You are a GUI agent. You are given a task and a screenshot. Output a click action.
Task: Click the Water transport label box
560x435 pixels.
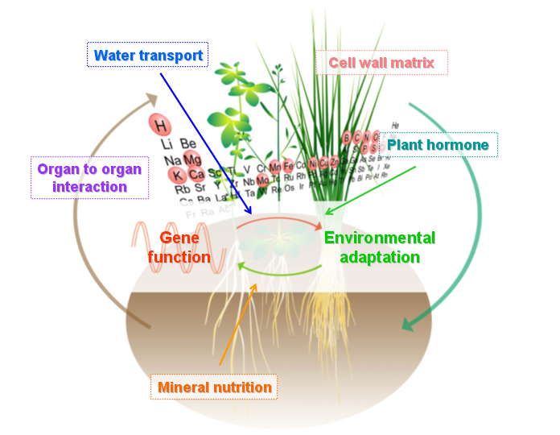pyautogui.click(x=147, y=56)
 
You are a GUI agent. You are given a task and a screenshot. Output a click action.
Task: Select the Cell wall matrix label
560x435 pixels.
pyautogui.click(x=387, y=62)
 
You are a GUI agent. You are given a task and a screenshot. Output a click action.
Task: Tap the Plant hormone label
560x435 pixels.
pyautogui.click(x=438, y=145)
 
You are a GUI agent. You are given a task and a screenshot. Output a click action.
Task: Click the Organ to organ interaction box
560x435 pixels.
pyautogui.click(x=89, y=178)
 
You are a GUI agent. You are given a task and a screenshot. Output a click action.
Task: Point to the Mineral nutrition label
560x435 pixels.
pyautogui.click(x=214, y=387)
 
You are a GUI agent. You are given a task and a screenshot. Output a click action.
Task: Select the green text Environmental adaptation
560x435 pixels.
pyautogui.click(x=379, y=247)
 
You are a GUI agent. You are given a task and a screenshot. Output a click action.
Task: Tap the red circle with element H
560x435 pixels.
pyautogui.click(x=161, y=125)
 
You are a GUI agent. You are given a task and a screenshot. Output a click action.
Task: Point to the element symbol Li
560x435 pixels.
pyautogui.click(x=167, y=143)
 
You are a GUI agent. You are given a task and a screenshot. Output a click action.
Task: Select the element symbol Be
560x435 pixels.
pyautogui.click(x=187, y=143)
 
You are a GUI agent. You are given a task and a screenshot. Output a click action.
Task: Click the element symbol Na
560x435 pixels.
pyautogui.click(x=171, y=159)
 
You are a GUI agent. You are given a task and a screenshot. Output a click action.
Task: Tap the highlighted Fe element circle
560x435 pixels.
pyautogui.click(x=288, y=167)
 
